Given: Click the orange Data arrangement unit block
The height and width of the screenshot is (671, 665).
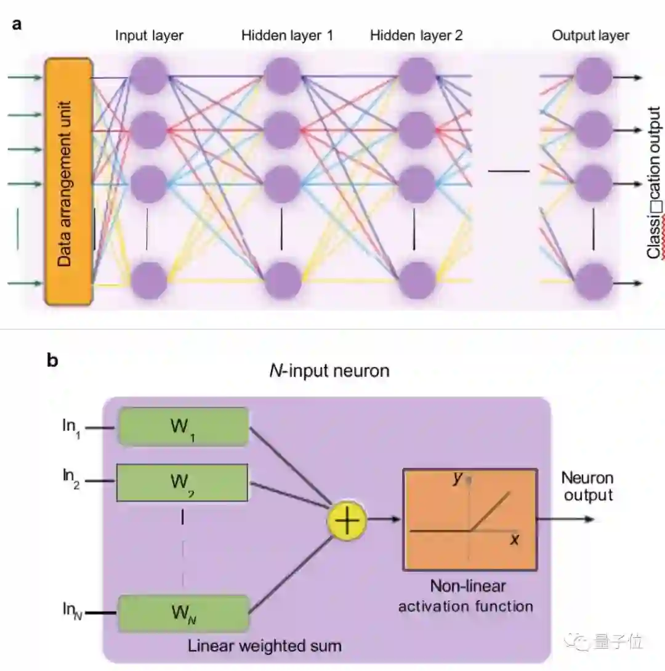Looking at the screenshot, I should (x=68, y=181).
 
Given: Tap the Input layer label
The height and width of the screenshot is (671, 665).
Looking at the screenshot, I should (x=149, y=36).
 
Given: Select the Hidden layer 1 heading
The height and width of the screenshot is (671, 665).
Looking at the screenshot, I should (x=287, y=36).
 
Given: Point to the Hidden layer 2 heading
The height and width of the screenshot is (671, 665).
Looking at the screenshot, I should (x=416, y=36).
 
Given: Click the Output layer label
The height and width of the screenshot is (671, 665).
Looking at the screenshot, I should (x=590, y=36).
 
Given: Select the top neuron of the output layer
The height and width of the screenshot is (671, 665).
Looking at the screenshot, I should (x=593, y=77).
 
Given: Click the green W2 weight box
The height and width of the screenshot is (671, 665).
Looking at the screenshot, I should (x=182, y=483).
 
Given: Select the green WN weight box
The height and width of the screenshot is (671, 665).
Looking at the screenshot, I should (x=182, y=613).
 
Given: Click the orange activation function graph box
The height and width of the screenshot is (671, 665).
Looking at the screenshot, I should (x=470, y=519).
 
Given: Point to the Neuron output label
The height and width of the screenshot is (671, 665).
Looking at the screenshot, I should (x=587, y=486).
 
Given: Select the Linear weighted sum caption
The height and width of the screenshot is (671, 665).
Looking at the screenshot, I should (x=265, y=646).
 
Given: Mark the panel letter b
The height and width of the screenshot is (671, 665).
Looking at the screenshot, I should (x=52, y=361).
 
